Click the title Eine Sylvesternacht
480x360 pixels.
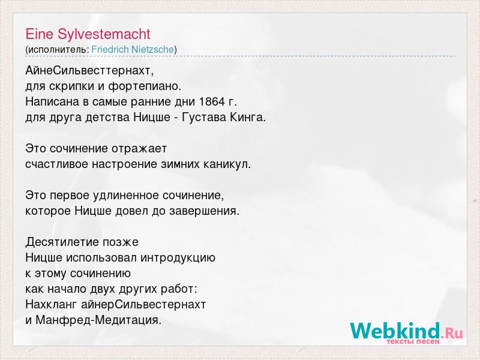tap(88, 34)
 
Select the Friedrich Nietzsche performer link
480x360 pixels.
tap(133, 49)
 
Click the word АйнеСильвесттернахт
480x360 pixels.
tap(88, 71)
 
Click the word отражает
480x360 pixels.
tap(139, 149)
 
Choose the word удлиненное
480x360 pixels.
tap(129, 196)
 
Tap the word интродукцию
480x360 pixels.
tap(178, 258)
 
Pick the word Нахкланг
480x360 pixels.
tap(52, 305)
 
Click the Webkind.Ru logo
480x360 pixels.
tap(407, 331)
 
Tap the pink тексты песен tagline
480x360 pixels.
tap(413, 341)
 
